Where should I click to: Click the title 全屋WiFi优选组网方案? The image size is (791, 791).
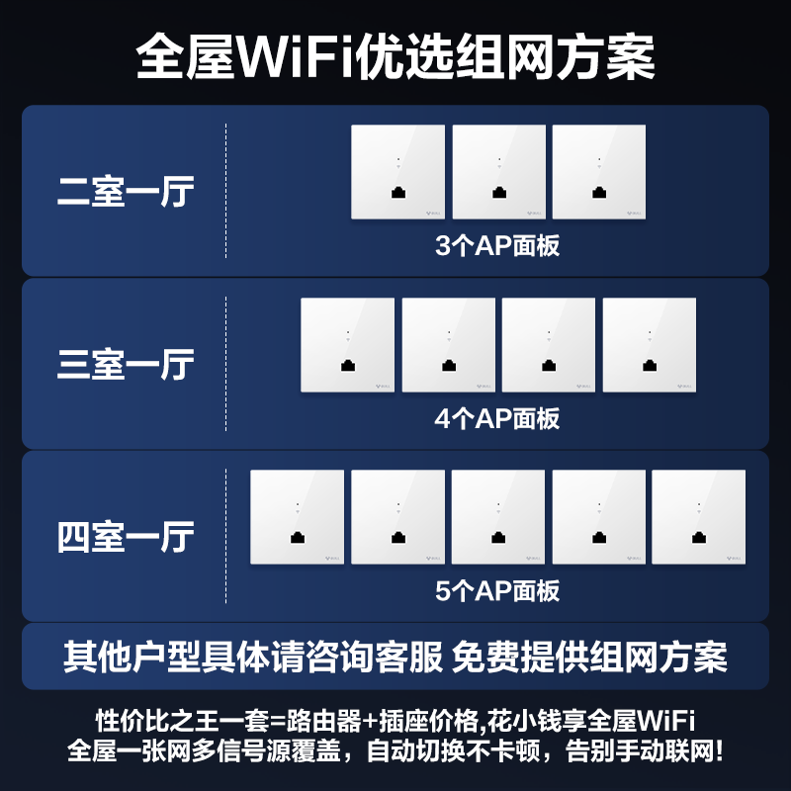(x=395, y=57)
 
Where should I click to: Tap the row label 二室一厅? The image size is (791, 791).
(x=126, y=192)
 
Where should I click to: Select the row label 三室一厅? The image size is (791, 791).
(x=126, y=364)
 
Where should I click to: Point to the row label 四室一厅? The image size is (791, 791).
(x=126, y=538)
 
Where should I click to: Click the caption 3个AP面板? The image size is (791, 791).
(x=497, y=245)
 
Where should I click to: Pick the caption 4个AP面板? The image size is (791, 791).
(x=497, y=418)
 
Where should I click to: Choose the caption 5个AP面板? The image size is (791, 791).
(x=497, y=591)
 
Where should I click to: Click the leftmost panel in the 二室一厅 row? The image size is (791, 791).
(x=397, y=172)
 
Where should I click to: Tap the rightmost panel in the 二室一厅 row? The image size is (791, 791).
(x=599, y=172)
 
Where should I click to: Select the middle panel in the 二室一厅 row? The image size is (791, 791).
(x=498, y=172)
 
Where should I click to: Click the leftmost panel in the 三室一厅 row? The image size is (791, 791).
(x=347, y=345)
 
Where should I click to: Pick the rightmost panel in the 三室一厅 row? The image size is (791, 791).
(x=649, y=345)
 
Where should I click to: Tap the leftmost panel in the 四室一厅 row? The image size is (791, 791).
(x=297, y=517)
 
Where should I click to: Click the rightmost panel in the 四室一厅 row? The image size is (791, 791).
(x=699, y=517)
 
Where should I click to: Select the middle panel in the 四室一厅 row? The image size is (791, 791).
(x=498, y=517)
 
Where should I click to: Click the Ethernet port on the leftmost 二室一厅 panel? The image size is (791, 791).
(x=397, y=194)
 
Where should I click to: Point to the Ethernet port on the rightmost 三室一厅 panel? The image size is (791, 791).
(x=650, y=366)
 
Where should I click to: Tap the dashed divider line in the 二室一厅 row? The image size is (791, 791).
(x=226, y=191)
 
